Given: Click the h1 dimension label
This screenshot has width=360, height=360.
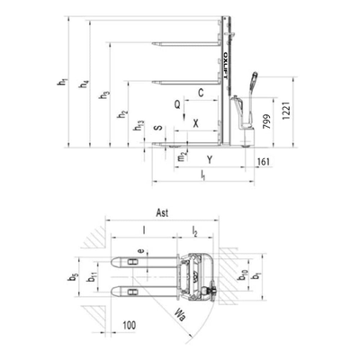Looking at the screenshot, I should coord(64,84).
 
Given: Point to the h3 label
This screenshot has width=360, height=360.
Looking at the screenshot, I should coord(105,94).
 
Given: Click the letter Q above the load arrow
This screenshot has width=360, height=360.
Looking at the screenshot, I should coord(178,104).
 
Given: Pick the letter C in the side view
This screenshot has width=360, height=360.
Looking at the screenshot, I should coord(201,93).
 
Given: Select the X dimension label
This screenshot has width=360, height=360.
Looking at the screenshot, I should coord(196,123).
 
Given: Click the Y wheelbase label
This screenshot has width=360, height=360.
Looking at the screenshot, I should coord(210,159).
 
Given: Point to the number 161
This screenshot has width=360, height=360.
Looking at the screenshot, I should coord(263,161).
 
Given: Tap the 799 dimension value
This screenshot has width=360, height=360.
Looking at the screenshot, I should coord(267,124).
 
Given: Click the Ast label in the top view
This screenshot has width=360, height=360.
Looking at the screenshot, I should coord(163,213).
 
